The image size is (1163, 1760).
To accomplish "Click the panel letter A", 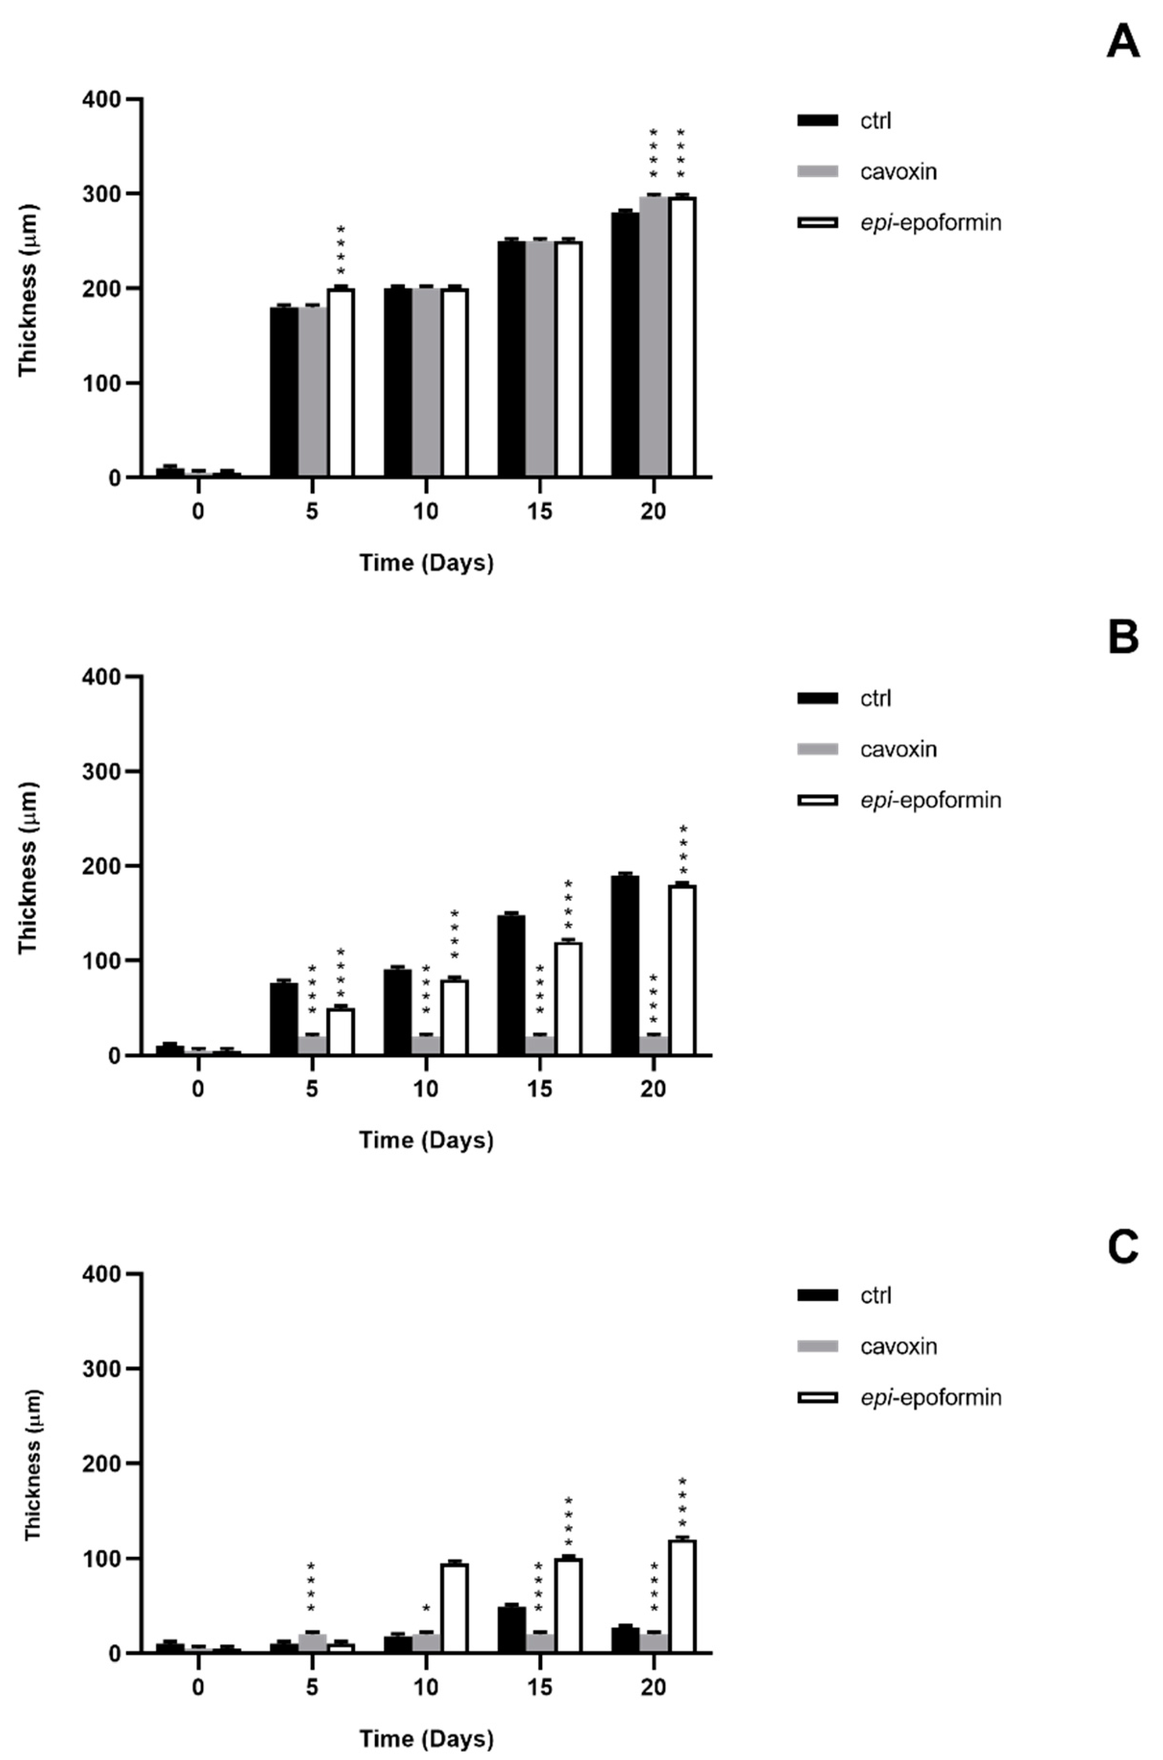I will coord(1122,42).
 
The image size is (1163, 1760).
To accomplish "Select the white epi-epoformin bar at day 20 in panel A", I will coord(682,338).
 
